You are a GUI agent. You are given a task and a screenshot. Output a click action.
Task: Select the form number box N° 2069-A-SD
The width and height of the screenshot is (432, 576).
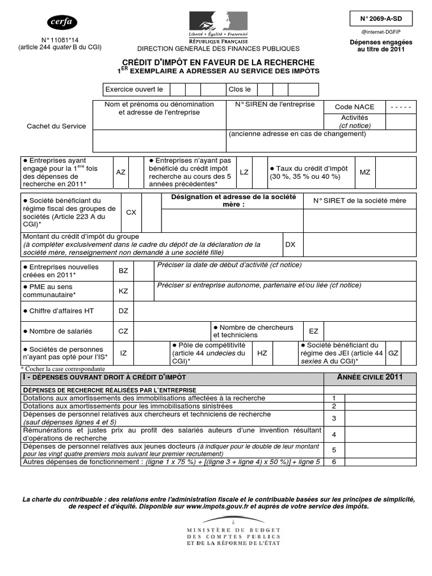tap(381, 19)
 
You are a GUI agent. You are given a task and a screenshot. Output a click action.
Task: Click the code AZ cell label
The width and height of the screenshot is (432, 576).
tap(120, 172)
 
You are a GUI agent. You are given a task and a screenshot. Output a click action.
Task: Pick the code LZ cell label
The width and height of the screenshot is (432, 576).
tap(244, 172)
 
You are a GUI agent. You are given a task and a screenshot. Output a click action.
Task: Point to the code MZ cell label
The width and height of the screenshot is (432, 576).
tap(365, 172)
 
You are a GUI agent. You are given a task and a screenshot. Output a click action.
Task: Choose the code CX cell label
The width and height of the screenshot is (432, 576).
tap(130, 213)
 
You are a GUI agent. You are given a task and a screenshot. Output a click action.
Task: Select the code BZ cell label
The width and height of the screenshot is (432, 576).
tap(123, 271)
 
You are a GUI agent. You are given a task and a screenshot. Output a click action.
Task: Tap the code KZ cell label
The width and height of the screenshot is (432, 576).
tap(123, 291)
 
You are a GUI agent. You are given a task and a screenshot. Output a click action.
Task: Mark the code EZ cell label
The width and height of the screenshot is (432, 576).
tap(313, 331)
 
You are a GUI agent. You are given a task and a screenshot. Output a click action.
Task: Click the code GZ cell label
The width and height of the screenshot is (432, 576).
tap(393, 353)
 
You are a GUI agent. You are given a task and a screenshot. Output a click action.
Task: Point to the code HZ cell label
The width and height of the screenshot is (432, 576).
tap(262, 353)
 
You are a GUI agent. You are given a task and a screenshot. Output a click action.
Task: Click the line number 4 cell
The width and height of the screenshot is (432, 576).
tap(334, 434)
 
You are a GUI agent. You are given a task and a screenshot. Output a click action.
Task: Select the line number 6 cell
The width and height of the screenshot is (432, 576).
tap(334, 462)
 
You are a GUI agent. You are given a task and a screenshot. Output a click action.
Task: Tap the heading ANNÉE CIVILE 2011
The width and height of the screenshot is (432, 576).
tap(370, 377)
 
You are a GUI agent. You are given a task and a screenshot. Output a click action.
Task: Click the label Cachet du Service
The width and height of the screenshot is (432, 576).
tap(56, 126)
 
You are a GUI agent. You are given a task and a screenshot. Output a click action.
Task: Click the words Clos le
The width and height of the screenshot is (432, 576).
tap(240, 89)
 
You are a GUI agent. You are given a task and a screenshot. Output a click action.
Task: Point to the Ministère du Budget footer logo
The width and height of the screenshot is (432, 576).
tap(233, 536)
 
